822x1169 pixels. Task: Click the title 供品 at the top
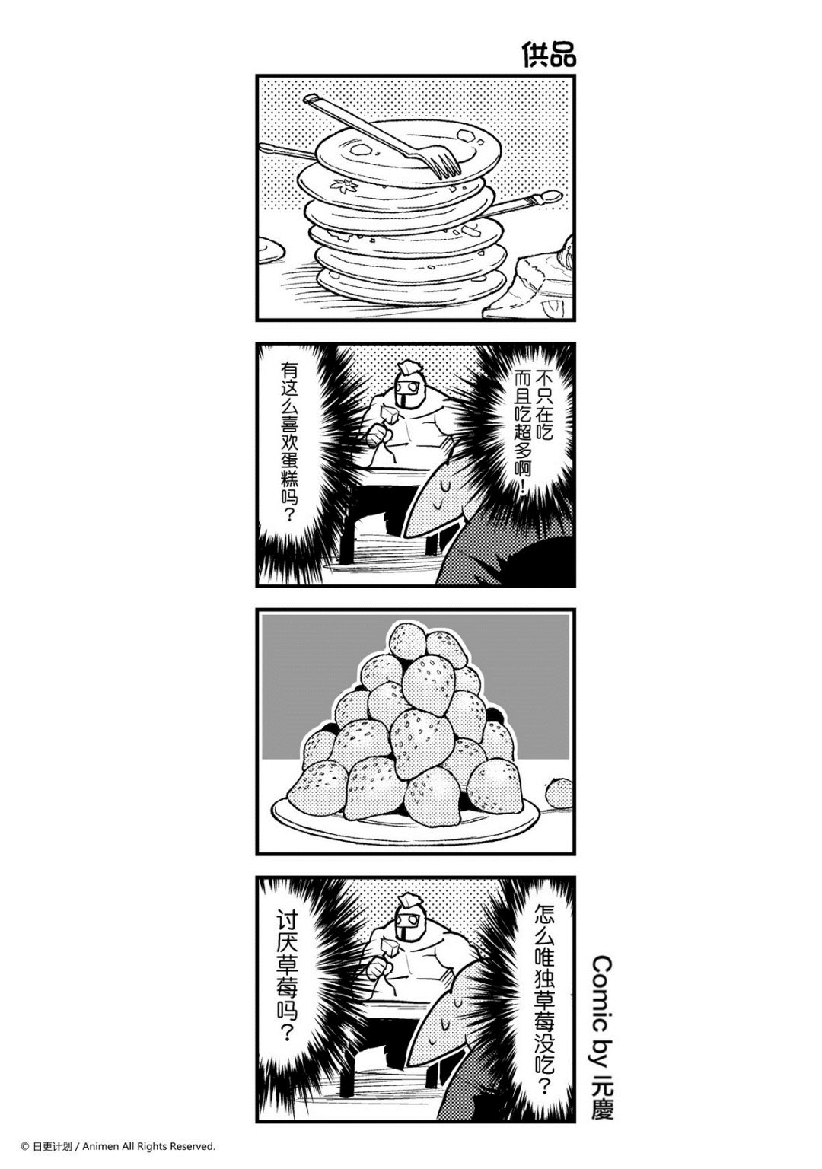pos(548,56)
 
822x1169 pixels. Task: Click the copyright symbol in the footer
pos(25,1145)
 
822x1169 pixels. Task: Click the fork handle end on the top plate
pos(312,99)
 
